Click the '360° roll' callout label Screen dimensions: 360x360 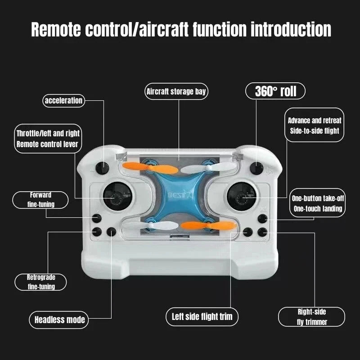pos(275,91)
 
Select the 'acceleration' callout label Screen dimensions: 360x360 pos(63,100)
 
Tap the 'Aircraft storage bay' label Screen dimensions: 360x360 pos(176,92)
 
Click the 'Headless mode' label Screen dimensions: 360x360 pos(60,320)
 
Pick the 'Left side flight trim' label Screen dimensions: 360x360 pos(202,316)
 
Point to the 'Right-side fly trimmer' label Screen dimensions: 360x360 pos(311,317)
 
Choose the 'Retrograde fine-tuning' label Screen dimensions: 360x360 pos(41,282)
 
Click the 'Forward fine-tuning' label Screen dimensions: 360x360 pos(40,200)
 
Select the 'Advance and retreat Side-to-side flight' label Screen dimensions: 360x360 pos(315,126)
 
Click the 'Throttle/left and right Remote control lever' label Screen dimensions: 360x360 pos(48,139)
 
